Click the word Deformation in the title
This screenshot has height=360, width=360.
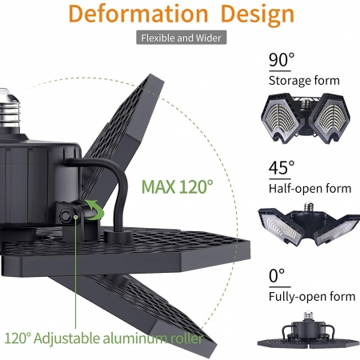pyautogui.click(x=138, y=14)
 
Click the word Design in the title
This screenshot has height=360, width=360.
pyautogui.click(x=258, y=15)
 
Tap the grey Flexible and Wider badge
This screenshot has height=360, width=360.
pyautogui.click(x=182, y=38)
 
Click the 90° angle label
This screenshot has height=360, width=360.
pyautogui.click(x=282, y=60)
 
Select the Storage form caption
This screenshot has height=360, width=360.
pyautogui.click(x=304, y=81)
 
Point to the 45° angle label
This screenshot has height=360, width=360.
pyautogui.click(x=282, y=167)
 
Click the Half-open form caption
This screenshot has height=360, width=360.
pyautogui.click(x=310, y=189)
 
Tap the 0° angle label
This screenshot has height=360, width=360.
pyautogui.click(x=277, y=275)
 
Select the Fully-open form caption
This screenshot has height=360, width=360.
pyautogui.click(x=312, y=297)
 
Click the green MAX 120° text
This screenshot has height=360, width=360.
pyautogui.click(x=178, y=186)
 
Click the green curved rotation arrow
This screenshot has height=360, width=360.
pyautogui.click(x=94, y=210)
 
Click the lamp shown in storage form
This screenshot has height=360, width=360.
pyautogui.click(x=306, y=118)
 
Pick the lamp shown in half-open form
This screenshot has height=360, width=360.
pyautogui.click(x=309, y=225)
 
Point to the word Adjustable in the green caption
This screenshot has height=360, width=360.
pyautogui.click(x=66, y=339)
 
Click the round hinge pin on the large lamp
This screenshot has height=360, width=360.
pyautogui.click(x=66, y=216)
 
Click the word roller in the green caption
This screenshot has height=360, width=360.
pyautogui.click(x=186, y=338)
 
